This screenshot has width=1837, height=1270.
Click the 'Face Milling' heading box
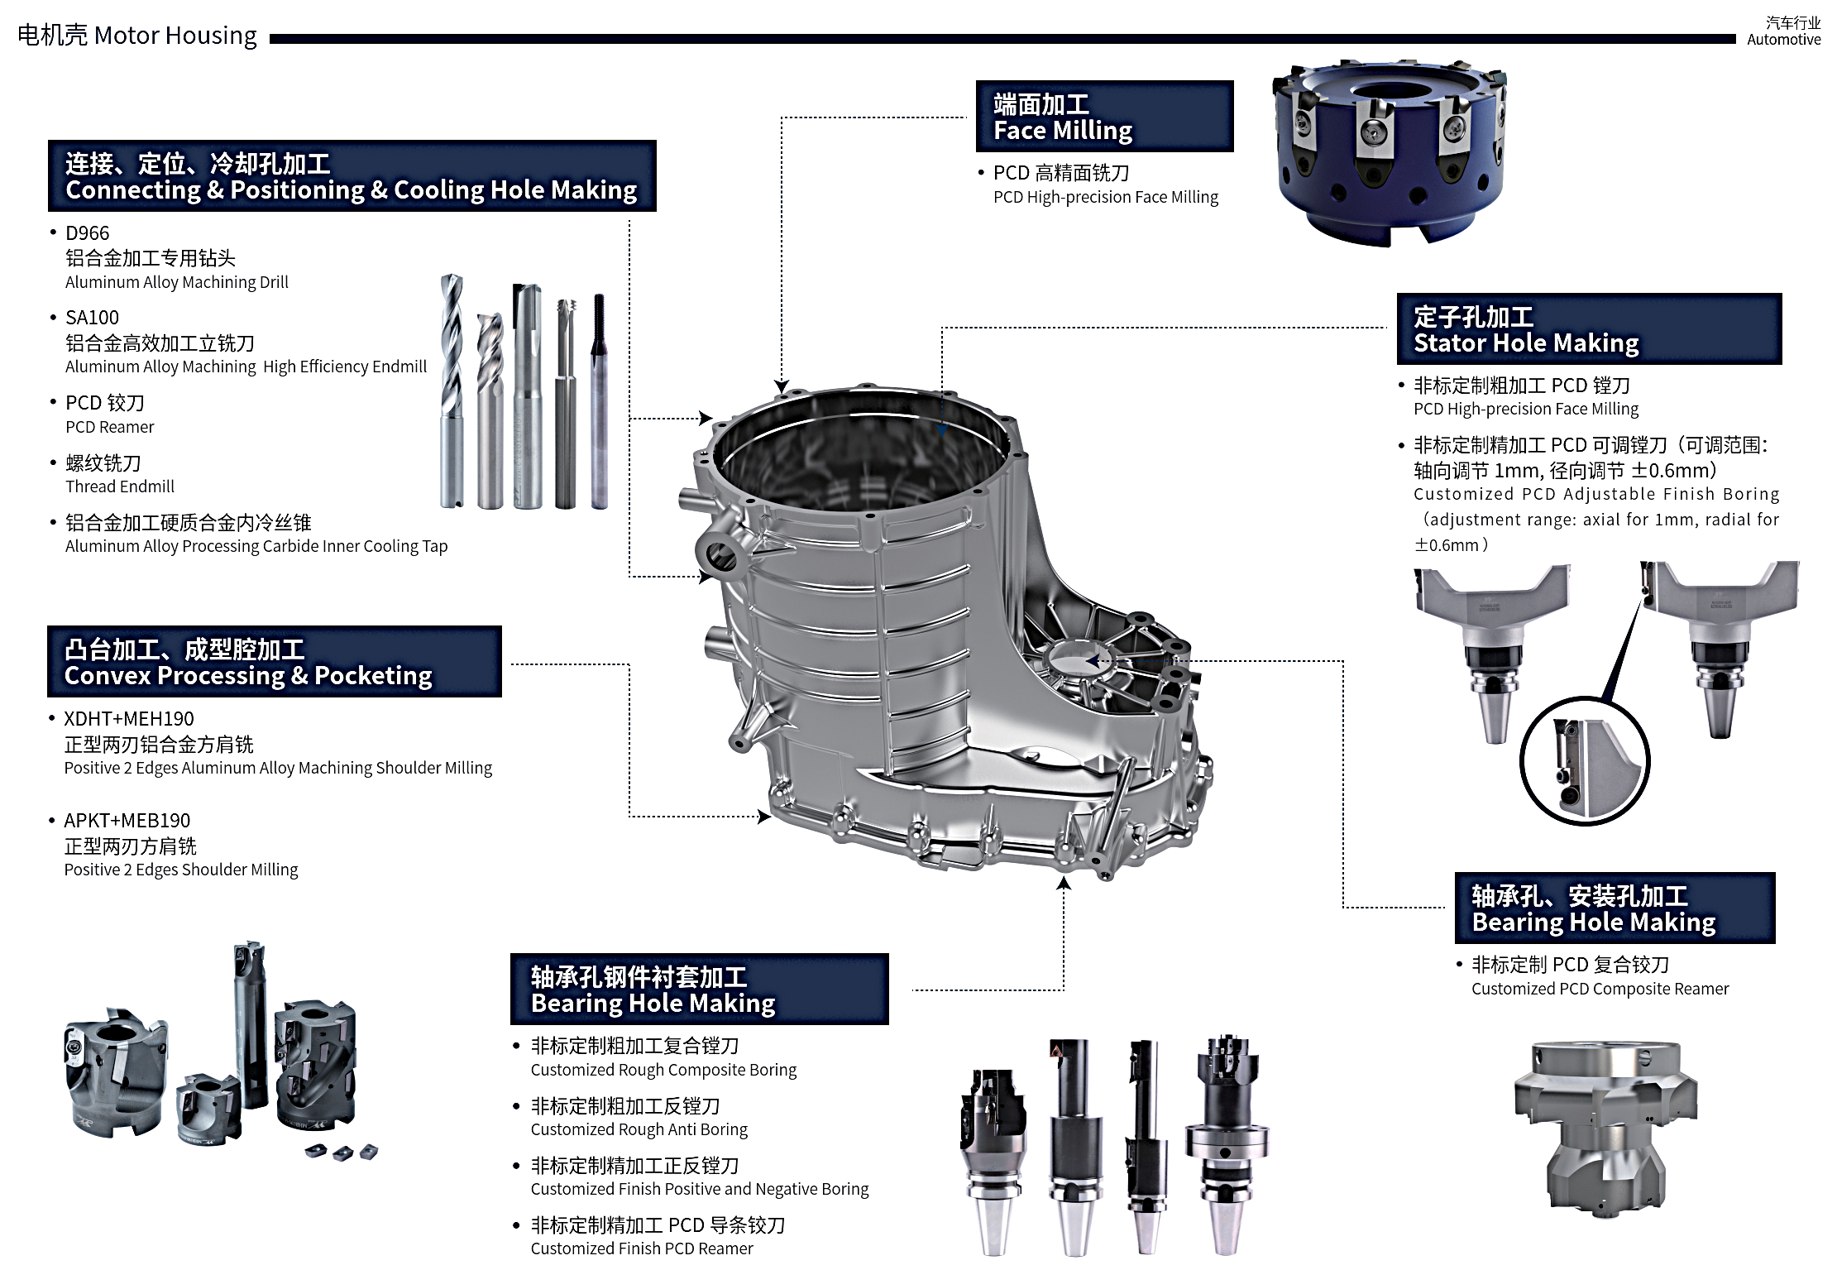pos(1104,116)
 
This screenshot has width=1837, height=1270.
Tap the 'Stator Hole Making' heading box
pos(1589,328)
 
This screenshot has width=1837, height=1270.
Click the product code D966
pos(87,233)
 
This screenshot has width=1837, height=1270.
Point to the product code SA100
pos(92,318)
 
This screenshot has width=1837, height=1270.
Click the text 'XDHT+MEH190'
pos(129,719)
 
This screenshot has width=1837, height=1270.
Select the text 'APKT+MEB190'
pos(127,821)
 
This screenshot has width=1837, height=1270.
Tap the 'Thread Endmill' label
pos(120,486)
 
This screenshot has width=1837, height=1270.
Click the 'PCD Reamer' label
pos(110,427)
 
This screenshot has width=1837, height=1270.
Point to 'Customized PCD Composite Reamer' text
pos(1600,989)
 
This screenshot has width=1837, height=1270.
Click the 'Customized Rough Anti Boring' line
pos(639,1129)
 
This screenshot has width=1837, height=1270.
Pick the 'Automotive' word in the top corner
pos(1784,40)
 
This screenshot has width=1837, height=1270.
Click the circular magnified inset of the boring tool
pos(1584,761)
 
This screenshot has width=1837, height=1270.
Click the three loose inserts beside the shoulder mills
pos(341,1151)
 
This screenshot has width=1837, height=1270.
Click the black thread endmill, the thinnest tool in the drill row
pos(600,400)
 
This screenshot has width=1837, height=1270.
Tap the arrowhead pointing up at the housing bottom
pos(1064,883)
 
